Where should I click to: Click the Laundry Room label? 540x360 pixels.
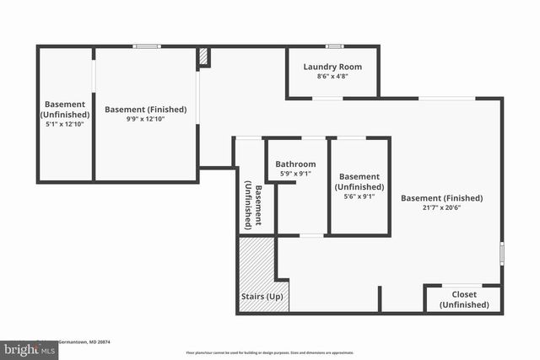pos(332,66)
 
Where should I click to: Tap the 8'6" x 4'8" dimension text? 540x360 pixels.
pos(332,76)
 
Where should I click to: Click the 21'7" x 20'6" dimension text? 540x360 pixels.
pos(441,210)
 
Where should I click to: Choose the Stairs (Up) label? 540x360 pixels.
pos(262,298)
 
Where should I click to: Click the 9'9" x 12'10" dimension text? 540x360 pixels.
pos(145,120)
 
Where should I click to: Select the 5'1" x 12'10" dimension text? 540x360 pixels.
pos(65,124)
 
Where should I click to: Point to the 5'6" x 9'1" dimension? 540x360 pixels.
pos(359,197)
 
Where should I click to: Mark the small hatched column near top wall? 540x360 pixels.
pos(203,56)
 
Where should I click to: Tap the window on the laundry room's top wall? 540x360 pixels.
pos(334,46)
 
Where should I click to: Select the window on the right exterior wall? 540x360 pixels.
pos(502,253)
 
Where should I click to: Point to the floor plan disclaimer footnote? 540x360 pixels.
pos(269,352)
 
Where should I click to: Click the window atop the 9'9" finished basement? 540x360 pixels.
pos(147,46)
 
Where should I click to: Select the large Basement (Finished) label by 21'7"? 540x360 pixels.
pos(441,199)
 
